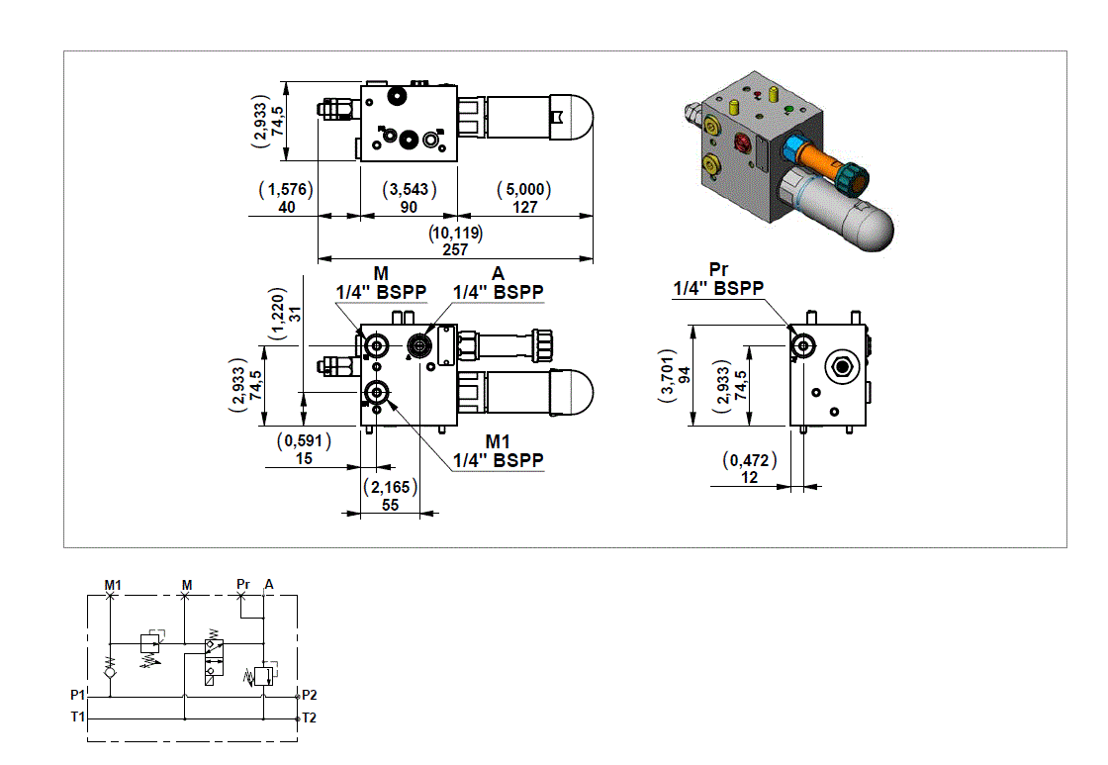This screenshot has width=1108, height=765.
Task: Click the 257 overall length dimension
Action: tap(455, 250)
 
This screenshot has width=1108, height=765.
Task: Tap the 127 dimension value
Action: tap(524, 208)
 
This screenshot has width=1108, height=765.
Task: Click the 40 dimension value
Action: tap(287, 208)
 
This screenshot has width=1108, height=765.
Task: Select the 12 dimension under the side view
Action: tap(749, 478)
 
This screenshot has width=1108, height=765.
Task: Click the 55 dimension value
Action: tap(390, 505)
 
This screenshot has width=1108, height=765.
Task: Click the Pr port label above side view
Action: tap(719, 270)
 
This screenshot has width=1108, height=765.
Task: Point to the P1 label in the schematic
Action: tap(78, 694)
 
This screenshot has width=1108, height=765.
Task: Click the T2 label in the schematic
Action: tap(310, 717)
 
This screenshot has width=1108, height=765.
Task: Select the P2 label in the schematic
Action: tap(310, 695)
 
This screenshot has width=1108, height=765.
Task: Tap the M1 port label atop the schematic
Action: tap(113, 585)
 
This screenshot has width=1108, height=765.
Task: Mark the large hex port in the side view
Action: tap(842, 365)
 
